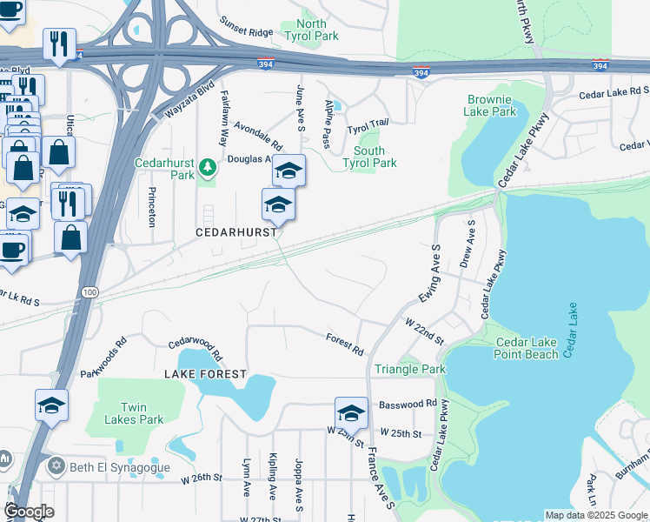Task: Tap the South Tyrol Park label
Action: tap(369, 157)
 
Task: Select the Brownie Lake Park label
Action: tap(491, 106)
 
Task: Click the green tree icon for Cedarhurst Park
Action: tap(207, 165)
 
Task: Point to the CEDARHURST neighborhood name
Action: tap(237, 232)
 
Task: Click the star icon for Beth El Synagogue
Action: tap(56, 466)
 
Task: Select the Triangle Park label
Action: tap(409, 369)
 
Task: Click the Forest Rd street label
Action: tap(345, 344)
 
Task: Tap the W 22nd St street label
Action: tap(424, 331)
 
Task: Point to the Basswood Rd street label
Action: tap(408, 404)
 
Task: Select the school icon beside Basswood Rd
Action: tap(351, 412)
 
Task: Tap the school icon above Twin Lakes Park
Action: tap(51, 405)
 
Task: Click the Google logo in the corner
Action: tap(29, 512)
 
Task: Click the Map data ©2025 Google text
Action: tap(595, 515)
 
